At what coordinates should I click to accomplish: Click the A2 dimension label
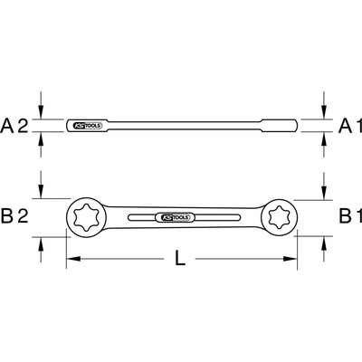click(x=14, y=126)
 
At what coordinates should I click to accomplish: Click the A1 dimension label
click(x=350, y=126)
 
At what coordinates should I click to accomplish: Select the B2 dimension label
click(x=14, y=216)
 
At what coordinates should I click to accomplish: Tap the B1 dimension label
click(x=350, y=216)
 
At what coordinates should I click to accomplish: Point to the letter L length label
click(x=180, y=259)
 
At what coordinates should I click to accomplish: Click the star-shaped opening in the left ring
click(x=85, y=217)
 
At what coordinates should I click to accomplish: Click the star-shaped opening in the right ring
click(x=280, y=217)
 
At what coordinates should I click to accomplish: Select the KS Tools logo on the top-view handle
click(x=175, y=217)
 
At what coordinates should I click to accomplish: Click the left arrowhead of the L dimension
click(x=73, y=259)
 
